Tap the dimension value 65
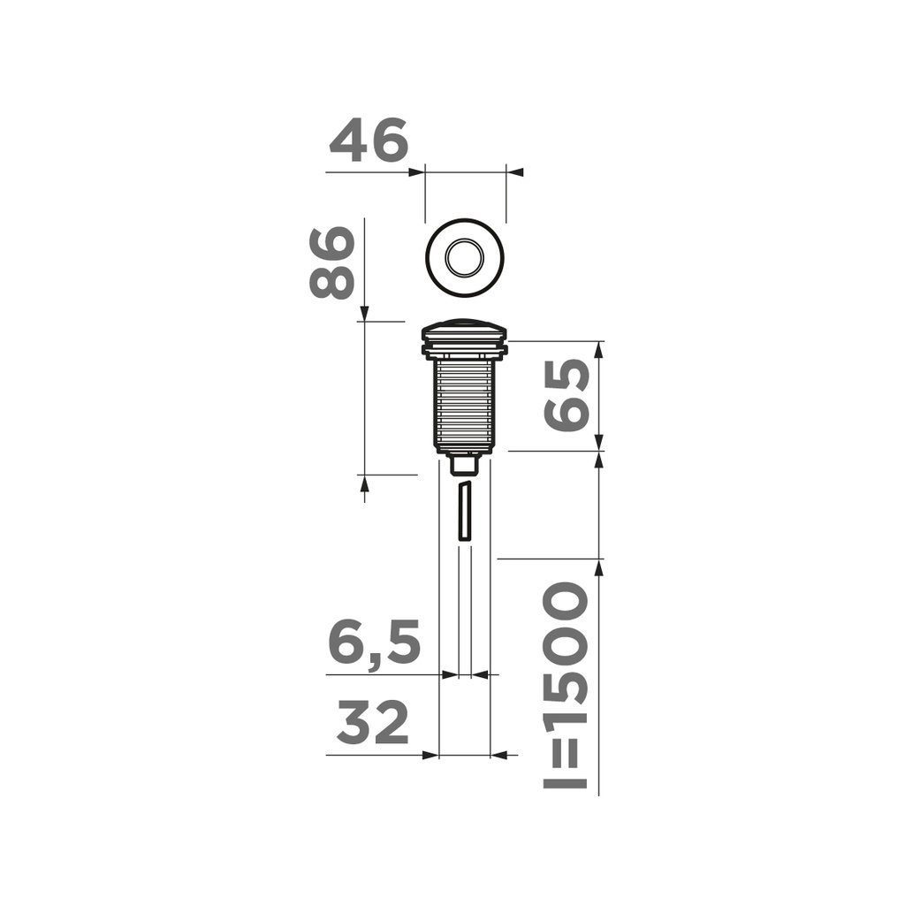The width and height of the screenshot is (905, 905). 566,395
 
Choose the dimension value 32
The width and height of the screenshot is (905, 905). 373,725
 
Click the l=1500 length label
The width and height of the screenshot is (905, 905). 564,686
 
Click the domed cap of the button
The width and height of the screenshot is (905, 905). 465,328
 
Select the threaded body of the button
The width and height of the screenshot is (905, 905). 465,402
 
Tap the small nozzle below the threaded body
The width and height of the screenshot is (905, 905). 465,463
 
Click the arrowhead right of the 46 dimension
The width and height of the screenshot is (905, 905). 514,171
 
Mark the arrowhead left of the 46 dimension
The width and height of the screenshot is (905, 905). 417,171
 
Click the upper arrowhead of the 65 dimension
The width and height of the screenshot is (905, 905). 599,349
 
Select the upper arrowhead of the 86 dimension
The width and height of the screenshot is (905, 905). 364,313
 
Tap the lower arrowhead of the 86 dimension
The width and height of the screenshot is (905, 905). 364,483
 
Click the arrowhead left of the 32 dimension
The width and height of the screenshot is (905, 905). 430,755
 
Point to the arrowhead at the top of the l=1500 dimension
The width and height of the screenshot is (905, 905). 599,567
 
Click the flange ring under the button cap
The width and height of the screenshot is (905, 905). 465,351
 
